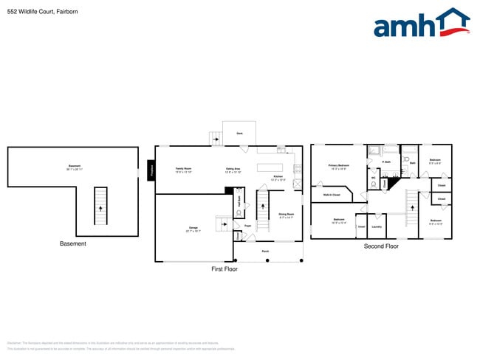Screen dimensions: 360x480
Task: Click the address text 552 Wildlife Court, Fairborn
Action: pyautogui.click(x=42, y=12)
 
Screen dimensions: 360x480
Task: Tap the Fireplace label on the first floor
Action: pyautogui.click(x=151, y=170)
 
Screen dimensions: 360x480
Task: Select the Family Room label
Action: pyautogui.click(x=183, y=169)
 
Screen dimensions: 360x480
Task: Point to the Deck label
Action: pyautogui.click(x=239, y=134)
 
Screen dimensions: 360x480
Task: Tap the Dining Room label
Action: pyautogui.click(x=287, y=215)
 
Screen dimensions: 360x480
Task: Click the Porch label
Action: pyautogui.click(x=266, y=252)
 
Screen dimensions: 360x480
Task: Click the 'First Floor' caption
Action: pyautogui.click(x=224, y=269)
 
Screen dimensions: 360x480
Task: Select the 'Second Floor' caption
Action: pyautogui.click(x=381, y=246)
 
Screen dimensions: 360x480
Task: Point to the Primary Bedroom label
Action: pyautogui.click(x=338, y=166)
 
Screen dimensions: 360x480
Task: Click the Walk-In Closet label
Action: pyautogui.click(x=332, y=195)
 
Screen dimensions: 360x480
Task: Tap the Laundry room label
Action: pyautogui.click(x=377, y=226)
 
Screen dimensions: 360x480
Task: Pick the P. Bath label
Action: pyautogui.click(x=385, y=162)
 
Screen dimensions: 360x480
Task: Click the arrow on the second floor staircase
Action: pyautogui.click(x=411, y=208)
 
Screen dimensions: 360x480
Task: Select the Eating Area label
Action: pyautogui.click(x=233, y=170)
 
